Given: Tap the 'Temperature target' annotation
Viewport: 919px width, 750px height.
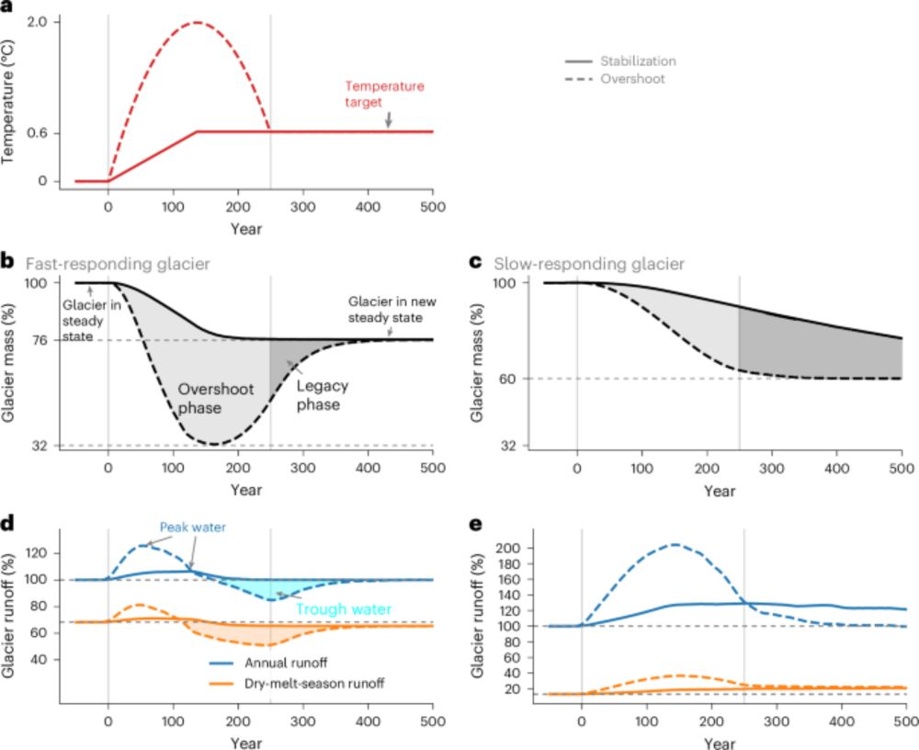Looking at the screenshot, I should point(384,93).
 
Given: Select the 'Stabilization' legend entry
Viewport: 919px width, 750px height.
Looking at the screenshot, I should point(638,62).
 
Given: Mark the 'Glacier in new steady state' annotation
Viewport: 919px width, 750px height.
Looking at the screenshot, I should point(384,310).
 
